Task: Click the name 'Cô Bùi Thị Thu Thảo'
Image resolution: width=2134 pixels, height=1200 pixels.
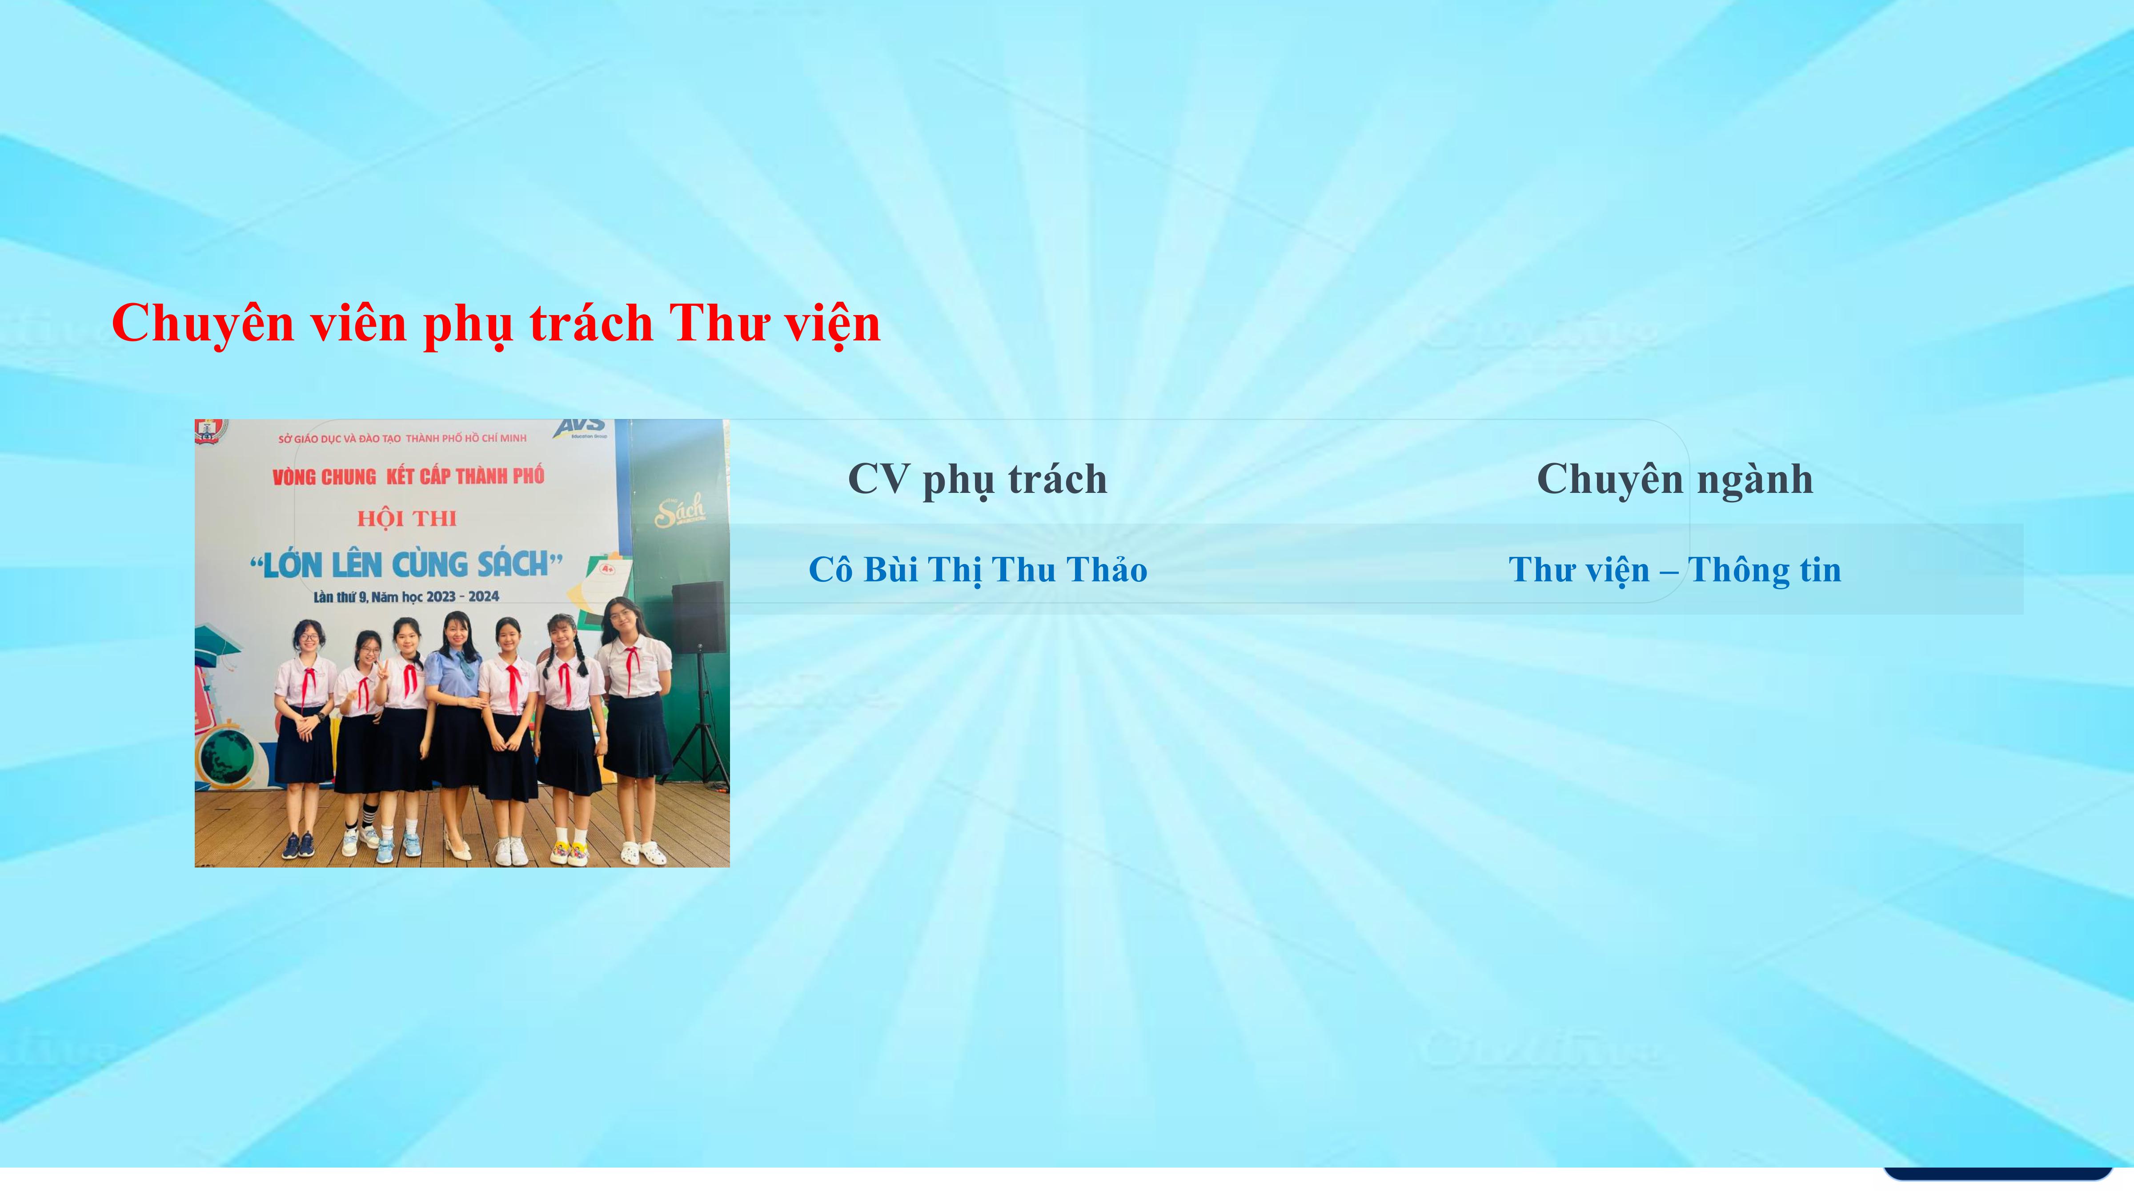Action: pyautogui.click(x=978, y=570)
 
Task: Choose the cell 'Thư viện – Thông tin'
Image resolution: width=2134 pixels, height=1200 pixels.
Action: pyautogui.click(x=1675, y=570)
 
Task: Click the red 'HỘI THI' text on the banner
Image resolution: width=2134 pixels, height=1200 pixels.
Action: pyautogui.click(x=407, y=518)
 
